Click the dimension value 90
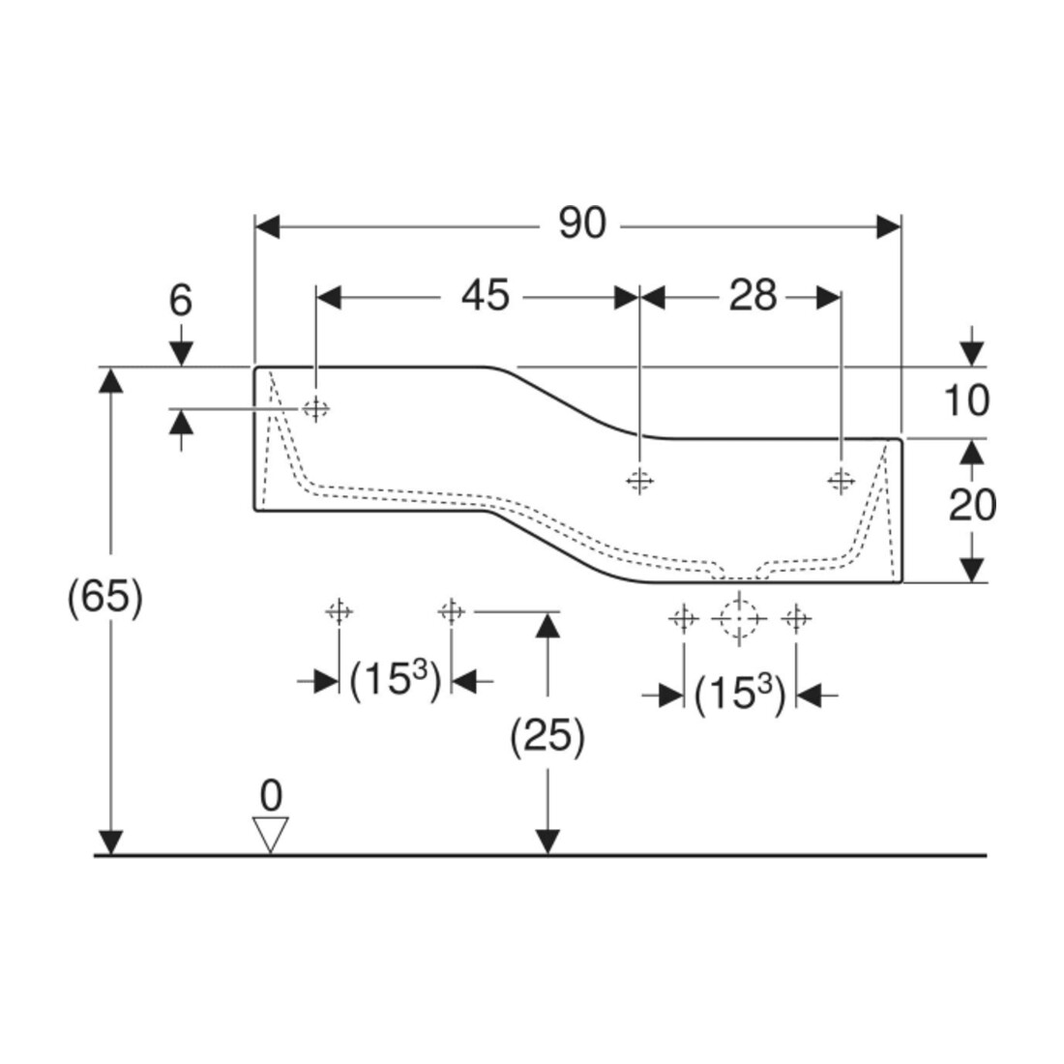[x=582, y=223]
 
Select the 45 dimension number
[x=485, y=296]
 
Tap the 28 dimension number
[x=753, y=296]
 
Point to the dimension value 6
[x=181, y=300]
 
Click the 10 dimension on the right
[x=966, y=400]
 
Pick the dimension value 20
[x=972, y=505]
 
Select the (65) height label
[x=105, y=598]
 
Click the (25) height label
[x=547, y=736]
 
